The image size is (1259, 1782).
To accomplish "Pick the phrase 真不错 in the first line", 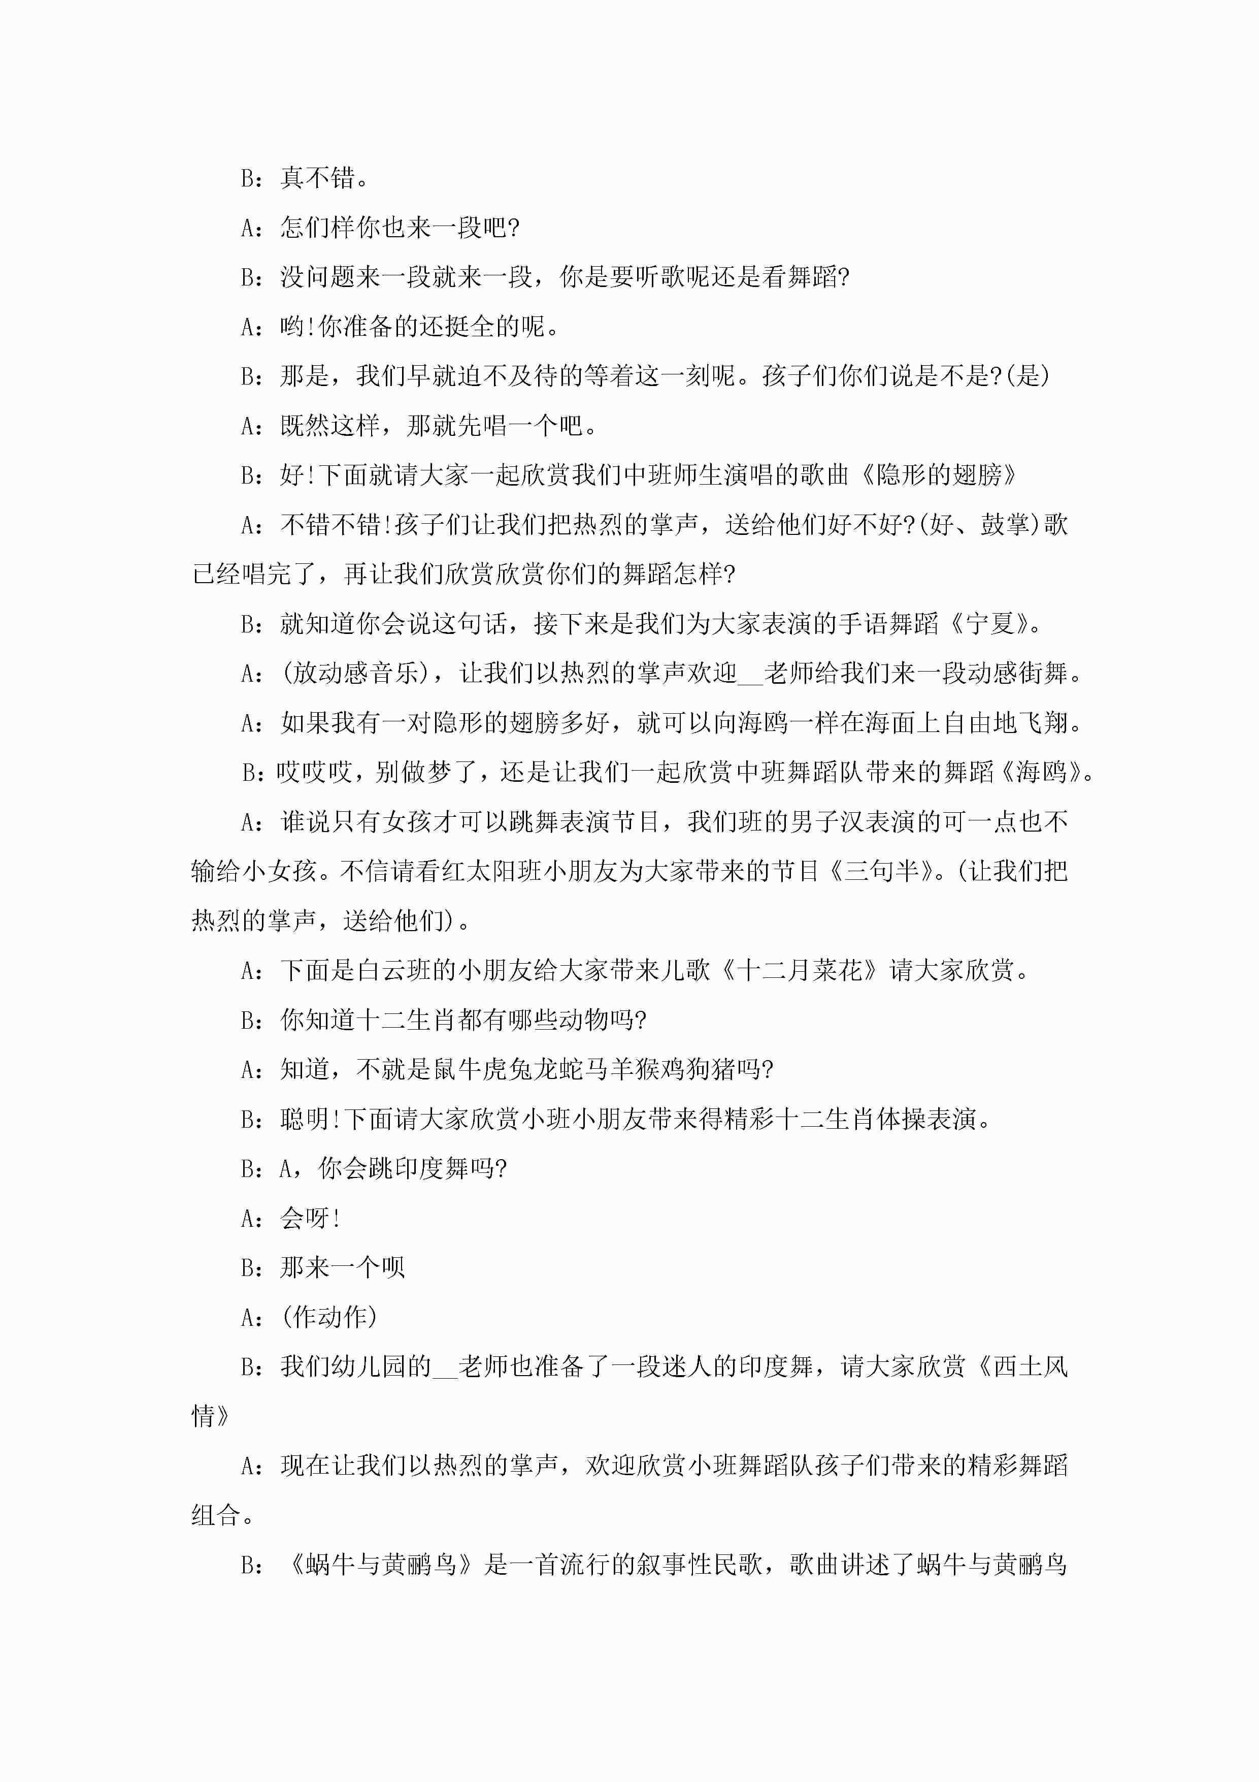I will (x=317, y=178).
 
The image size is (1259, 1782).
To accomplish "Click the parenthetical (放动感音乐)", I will (x=361, y=673).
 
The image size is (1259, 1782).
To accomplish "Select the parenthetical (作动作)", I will (x=329, y=1317).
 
